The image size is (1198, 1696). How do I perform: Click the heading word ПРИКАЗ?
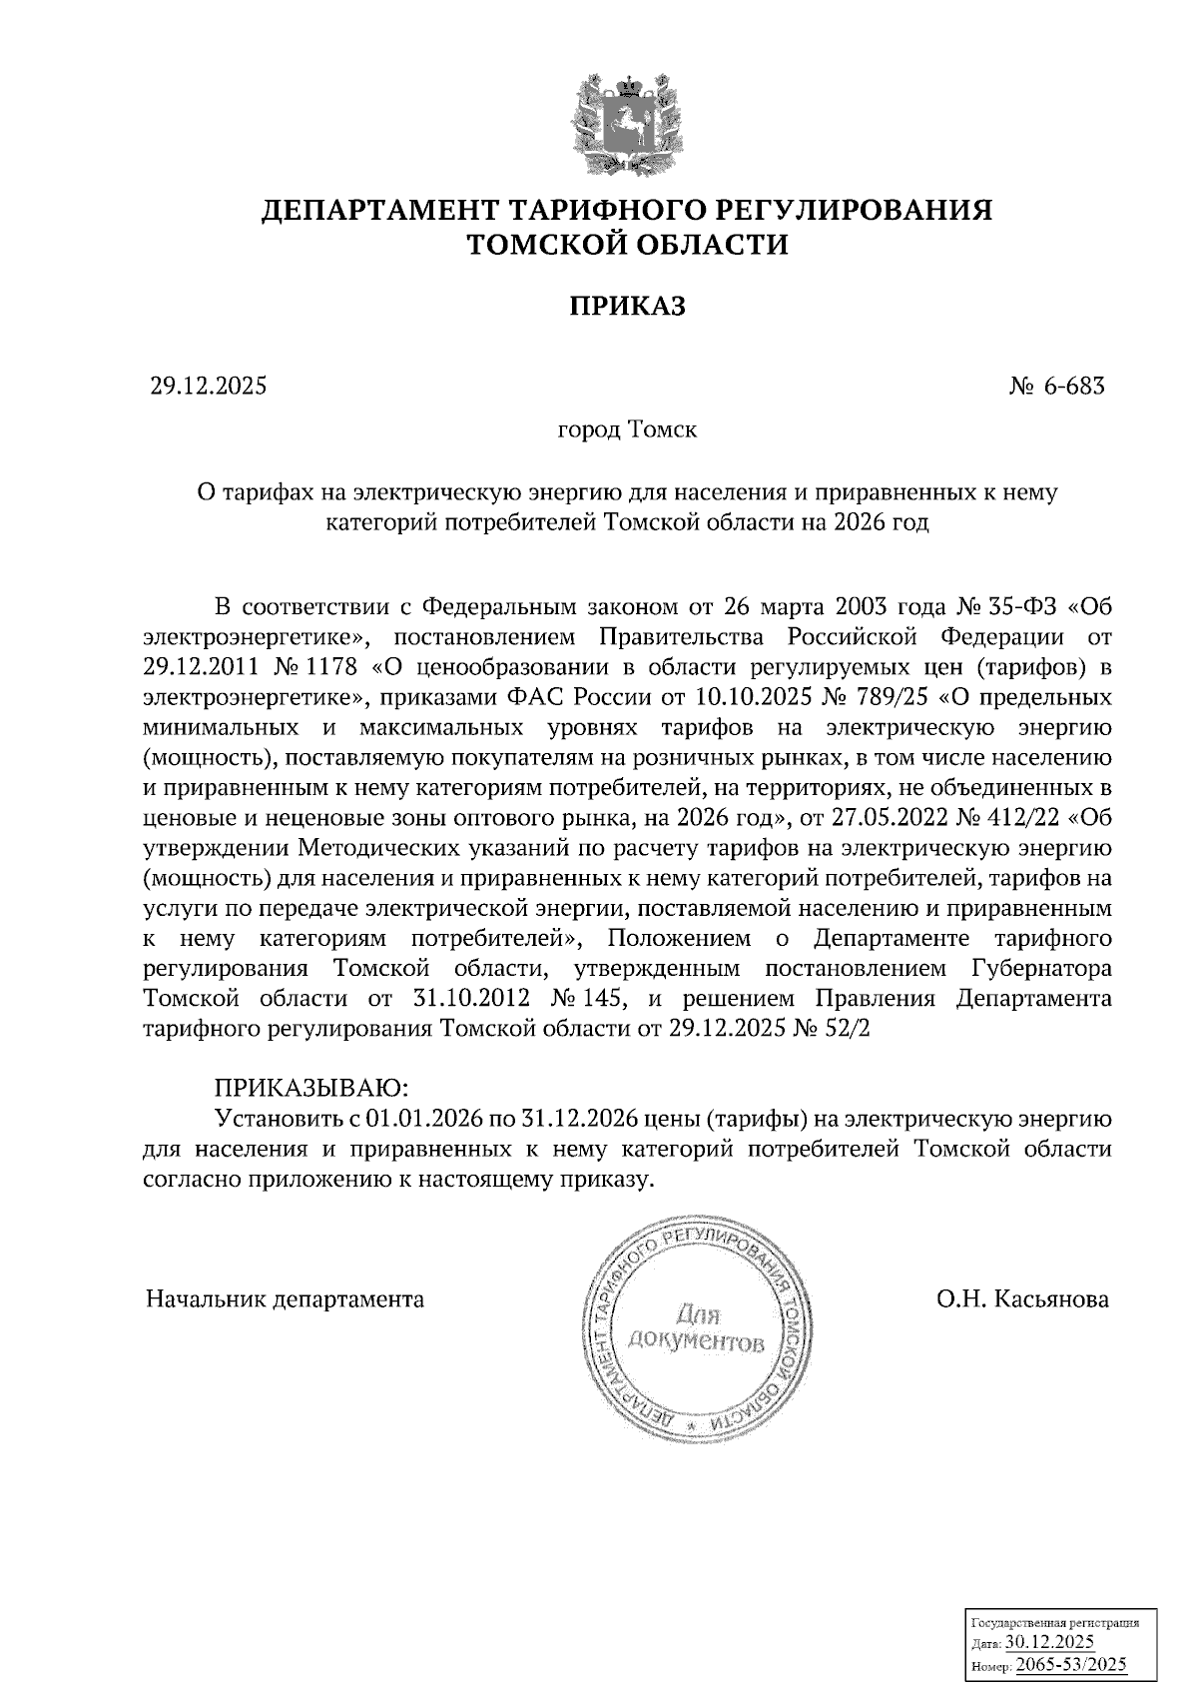pyautogui.click(x=628, y=306)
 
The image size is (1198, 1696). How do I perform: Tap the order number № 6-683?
pyautogui.click(x=1057, y=386)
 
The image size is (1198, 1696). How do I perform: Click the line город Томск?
pyautogui.click(x=627, y=430)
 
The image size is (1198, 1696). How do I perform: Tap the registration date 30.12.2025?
pyautogui.click(x=1049, y=1642)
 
